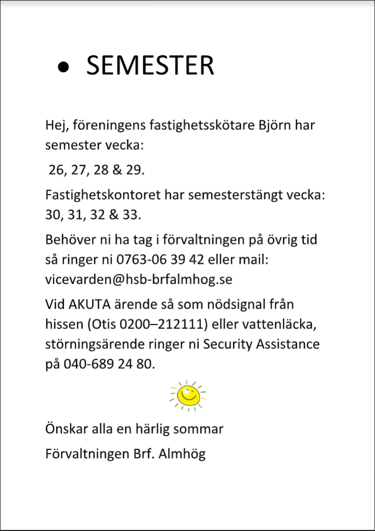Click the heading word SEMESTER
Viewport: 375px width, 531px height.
click(x=150, y=66)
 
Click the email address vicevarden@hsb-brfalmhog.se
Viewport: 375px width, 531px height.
click(x=139, y=280)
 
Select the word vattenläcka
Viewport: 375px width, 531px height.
click(x=284, y=325)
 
